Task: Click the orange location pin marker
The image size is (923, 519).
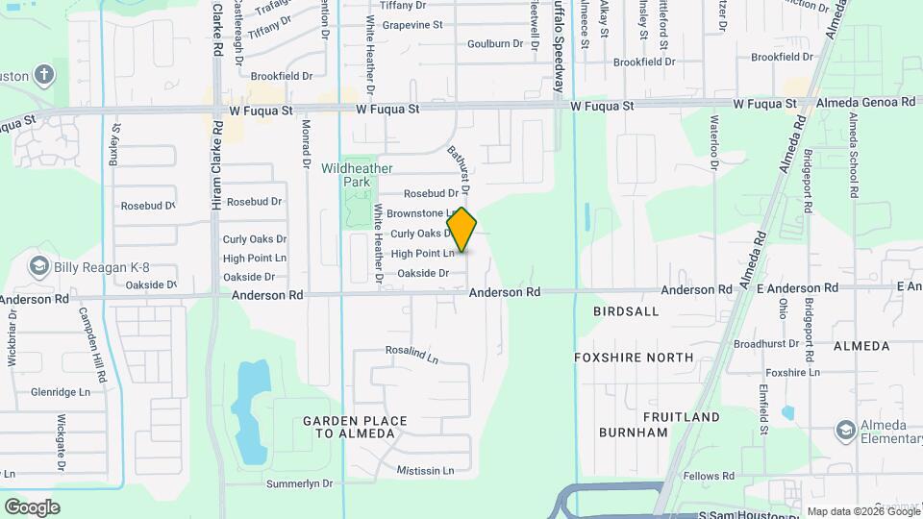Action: tap(462, 229)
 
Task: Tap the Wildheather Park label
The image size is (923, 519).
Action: tap(357, 174)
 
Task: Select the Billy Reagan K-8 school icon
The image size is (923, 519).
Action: tap(39, 266)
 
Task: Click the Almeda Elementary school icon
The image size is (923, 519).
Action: tap(846, 429)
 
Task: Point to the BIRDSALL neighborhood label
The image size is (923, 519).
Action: tap(628, 311)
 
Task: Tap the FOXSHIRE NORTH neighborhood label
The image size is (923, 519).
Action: tap(633, 358)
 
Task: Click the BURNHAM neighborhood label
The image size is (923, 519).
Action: tap(633, 432)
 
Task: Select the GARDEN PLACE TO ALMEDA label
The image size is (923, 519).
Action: tap(355, 427)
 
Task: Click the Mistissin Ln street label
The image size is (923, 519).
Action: tap(426, 471)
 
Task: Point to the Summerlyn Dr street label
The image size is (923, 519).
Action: tap(299, 483)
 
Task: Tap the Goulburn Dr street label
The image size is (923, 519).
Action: tap(494, 43)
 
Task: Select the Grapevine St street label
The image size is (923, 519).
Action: tap(412, 25)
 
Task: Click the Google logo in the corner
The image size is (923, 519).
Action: tap(32, 507)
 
